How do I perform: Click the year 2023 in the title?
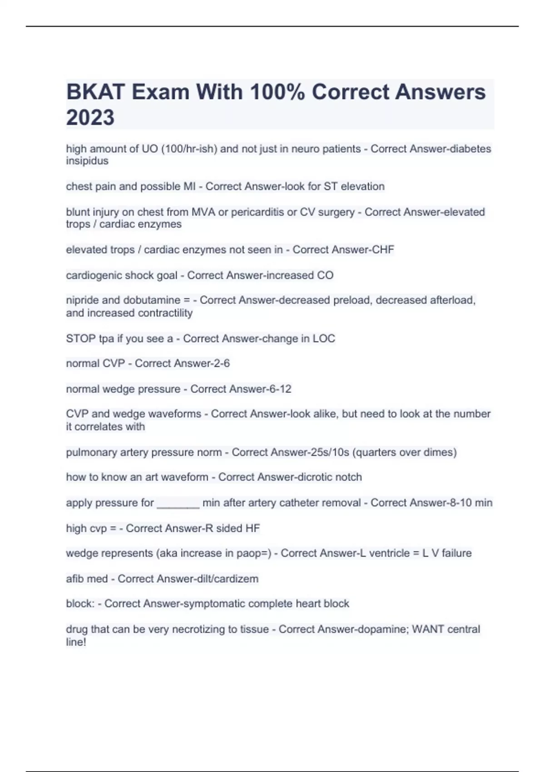pyautogui.click(x=90, y=117)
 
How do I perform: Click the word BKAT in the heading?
pyautogui.click(x=96, y=92)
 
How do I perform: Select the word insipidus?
pyautogui.click(x=87, y=161)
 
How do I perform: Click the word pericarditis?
pyautogui.click(x=258, y=212)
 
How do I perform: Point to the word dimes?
pyautogui.click(x=440, y=453)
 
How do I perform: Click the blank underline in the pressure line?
pyautogui.click(x=178, y=504)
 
